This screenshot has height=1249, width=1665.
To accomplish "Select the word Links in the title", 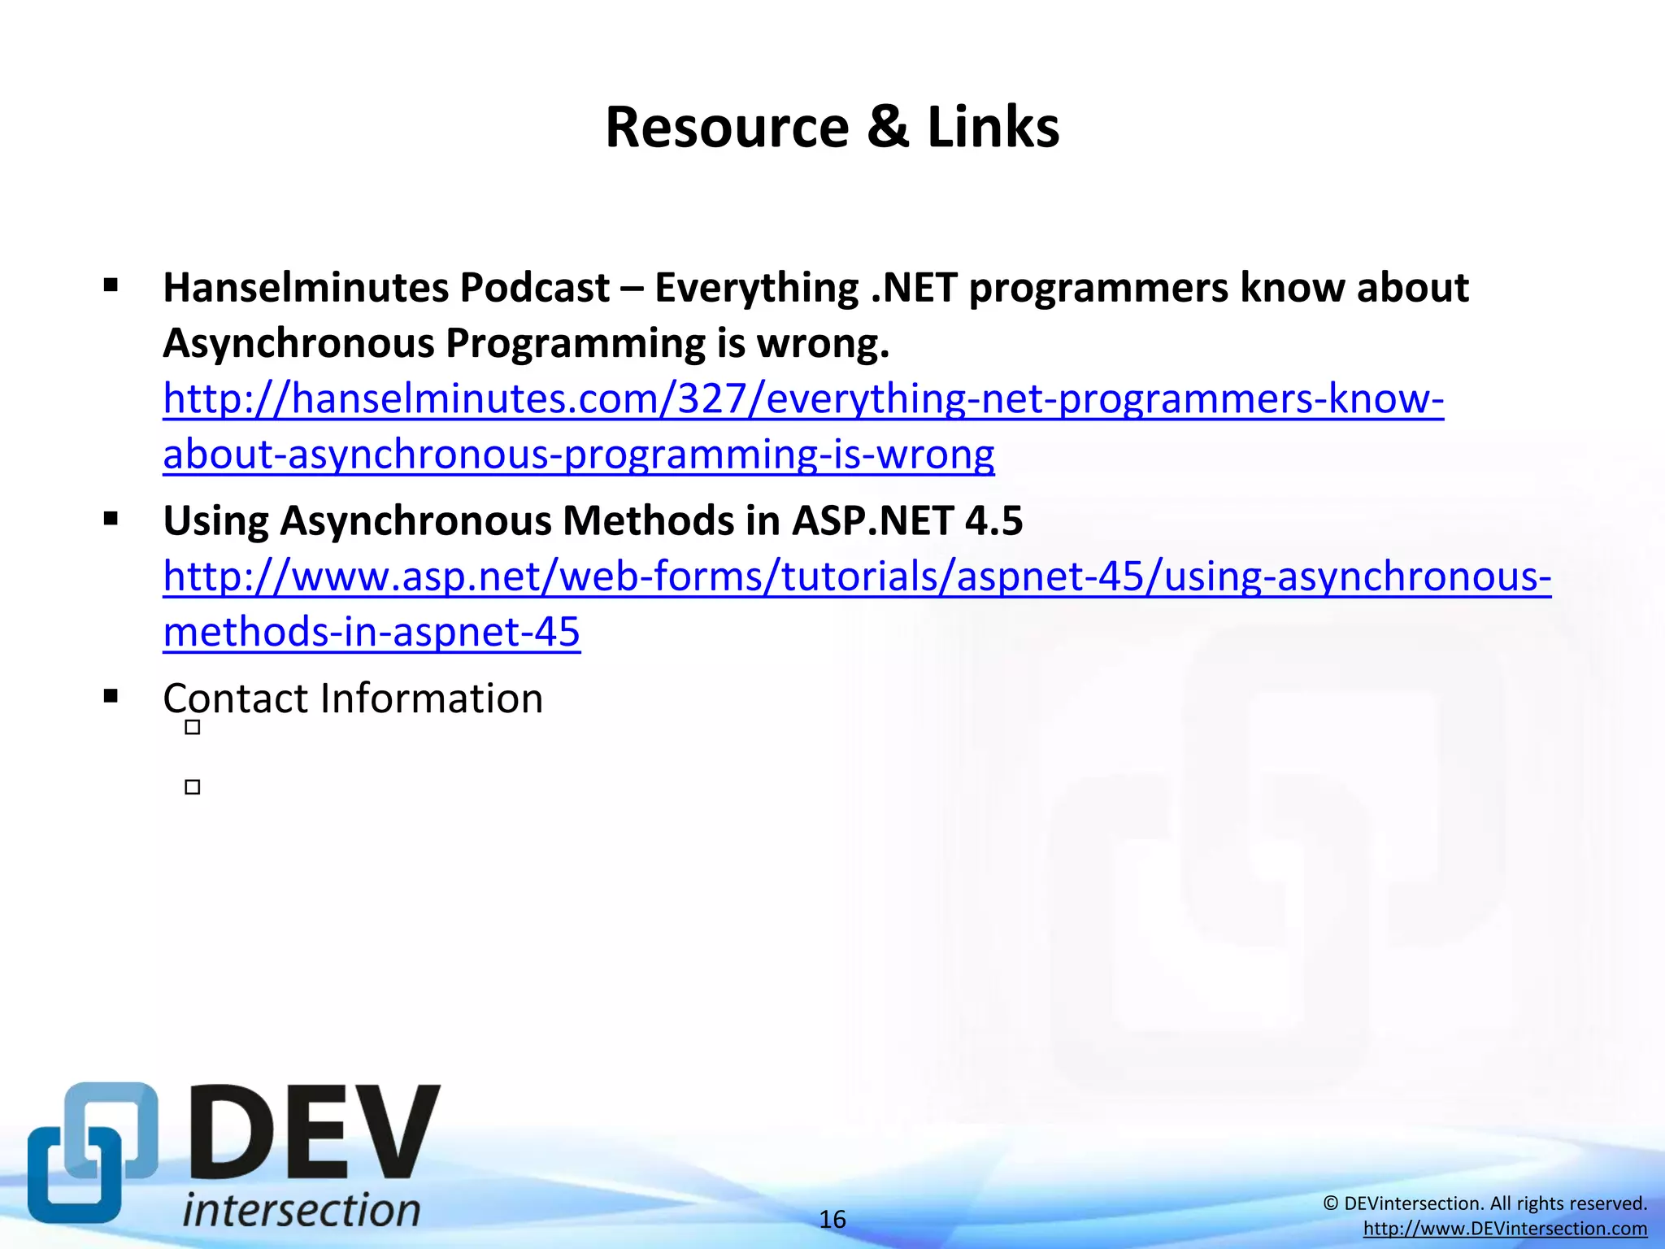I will click(993, 128).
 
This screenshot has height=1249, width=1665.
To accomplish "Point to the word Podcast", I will click(535, 288).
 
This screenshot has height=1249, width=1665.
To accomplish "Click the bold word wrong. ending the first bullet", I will click(824, 343).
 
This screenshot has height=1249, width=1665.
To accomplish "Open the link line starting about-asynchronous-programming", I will click(578, 454).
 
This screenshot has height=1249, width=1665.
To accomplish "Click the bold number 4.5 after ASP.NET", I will click(993, 520).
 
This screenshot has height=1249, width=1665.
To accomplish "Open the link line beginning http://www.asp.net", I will click(857, 577).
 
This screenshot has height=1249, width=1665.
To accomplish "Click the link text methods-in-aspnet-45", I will click(372, 632).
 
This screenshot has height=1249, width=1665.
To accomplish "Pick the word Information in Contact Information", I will click(432, 698).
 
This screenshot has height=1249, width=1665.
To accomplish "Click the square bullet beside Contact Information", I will click(111, 697).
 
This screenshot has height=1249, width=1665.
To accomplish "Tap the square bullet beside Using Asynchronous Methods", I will click(111, 519).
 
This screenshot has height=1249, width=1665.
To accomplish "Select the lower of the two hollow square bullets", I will click(193, 787).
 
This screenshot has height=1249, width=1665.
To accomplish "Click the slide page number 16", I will click(832, 1220).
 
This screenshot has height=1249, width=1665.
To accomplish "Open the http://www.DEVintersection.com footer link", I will click(1505, 1229).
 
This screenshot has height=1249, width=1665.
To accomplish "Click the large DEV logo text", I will click(315, 1134).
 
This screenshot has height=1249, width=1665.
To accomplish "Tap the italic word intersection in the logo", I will click(302, 1210).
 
